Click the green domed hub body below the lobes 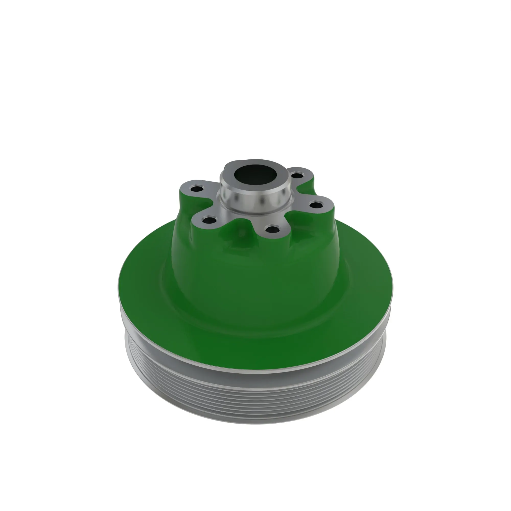[254, 264]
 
